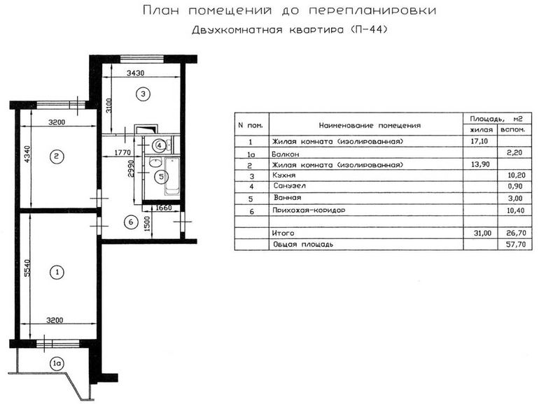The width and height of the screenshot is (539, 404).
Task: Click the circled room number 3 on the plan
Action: [x=141, y=94]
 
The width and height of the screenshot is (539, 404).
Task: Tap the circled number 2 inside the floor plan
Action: [x=56, y=157]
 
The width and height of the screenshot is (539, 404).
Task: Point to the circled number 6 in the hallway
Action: [x=129, y=222]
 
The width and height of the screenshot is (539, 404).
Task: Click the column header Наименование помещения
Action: [x=370, y=126]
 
